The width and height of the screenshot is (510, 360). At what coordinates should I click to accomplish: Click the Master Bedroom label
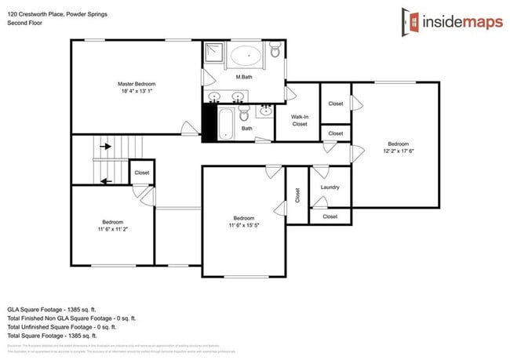pyautogui.click(x=137, y=84)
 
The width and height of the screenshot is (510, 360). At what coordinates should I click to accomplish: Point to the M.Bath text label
pyautogui.click(x=243, y=77)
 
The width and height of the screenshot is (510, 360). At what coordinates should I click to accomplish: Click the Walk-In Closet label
pyautogui.click(x=299, y=120)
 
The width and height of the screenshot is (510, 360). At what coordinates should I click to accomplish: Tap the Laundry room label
pyautogui.click(x=330, y=187)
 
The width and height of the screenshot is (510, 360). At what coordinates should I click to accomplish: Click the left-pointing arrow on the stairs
pyautogui.click(x=104, y=181)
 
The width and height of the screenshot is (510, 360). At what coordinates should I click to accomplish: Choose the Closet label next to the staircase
pyautogui.click(x=142, y=173)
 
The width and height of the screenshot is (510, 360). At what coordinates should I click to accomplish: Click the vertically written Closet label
pyautogui.click(x=297, y=195)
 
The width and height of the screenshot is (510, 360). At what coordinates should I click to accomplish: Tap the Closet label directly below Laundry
pyautogui.click(x=330, y=216)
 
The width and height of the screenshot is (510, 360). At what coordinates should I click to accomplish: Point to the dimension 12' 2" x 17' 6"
pyautogui.click(x=399, y=151)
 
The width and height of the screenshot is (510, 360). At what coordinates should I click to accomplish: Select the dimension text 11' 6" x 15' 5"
pyautogui.click(x=243, y=226)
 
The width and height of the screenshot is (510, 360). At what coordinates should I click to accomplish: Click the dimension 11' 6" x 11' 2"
pyautogui.click(x=113, y=229)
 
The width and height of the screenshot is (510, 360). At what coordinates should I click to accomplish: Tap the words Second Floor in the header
pyautogui.click(x=24, y=24)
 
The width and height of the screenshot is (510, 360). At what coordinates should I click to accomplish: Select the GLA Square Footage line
pyautogui.click(x=52, y=310)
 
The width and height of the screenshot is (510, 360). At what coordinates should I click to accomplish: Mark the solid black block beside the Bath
pyautogui.click(x=208, y=123)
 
